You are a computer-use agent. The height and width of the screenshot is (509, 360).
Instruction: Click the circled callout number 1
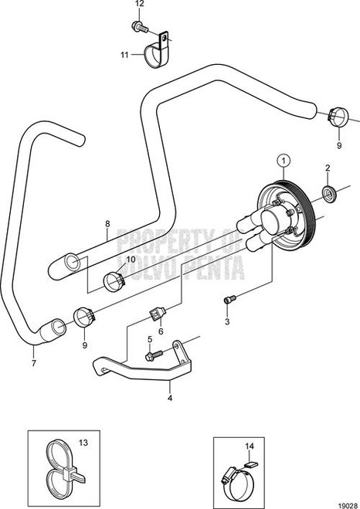coord(284,161)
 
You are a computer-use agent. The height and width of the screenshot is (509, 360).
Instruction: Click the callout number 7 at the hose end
coord(32,360)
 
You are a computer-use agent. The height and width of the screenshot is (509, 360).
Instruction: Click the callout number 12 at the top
coord(139,5)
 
